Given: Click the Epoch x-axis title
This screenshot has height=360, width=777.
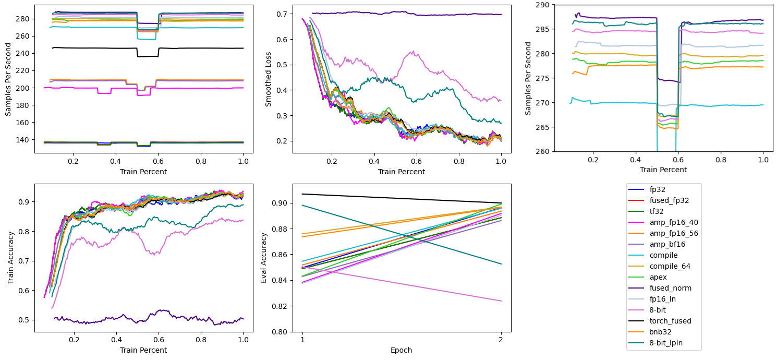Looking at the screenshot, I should click(x=402, y=350).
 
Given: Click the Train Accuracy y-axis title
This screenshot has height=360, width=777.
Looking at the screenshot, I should click(x=11, y=258).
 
